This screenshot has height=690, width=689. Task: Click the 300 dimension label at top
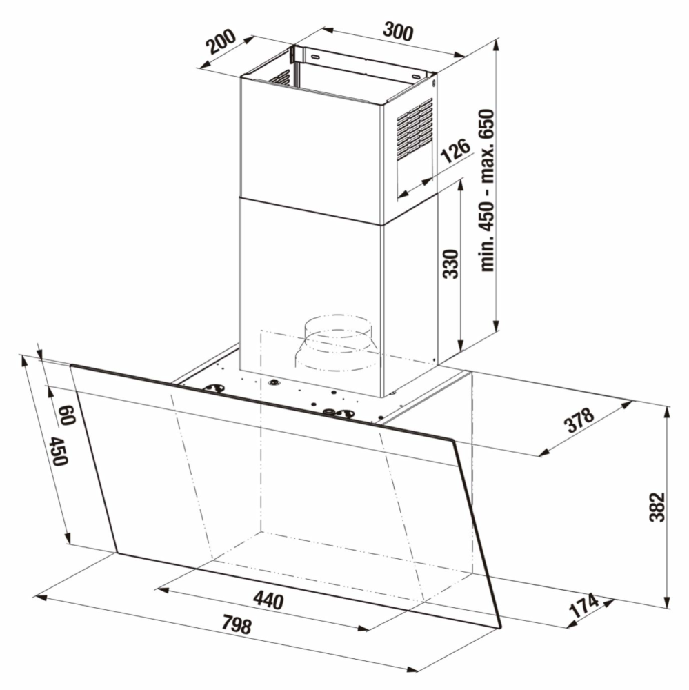click(398, 31)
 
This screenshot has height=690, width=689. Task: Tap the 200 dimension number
click(221, 42)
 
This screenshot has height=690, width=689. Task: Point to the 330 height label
click(450, 264)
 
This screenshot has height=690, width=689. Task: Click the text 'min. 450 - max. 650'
click(488, 190)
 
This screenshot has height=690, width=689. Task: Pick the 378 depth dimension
click(579, 421)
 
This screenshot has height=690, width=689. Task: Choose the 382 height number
click(657, 507)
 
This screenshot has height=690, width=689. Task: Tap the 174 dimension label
click(584, 606)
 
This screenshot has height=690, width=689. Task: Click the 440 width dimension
click(268, 600)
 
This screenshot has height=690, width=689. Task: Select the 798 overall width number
click(237, 624)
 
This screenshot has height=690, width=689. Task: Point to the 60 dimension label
click(66, 415)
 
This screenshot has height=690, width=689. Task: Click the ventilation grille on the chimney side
click(415, 128)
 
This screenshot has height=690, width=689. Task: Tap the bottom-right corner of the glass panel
click(501, 627)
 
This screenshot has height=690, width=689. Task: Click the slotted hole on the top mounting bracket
click(315, 57)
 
